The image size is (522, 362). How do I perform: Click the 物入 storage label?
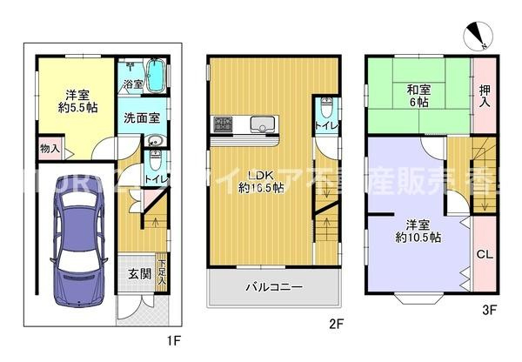click(50, 150)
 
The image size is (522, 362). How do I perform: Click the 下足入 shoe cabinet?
click(162, 267)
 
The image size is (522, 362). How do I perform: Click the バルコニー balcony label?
click(272, 286)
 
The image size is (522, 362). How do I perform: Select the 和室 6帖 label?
click(418, 94)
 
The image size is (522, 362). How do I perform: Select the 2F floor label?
click(336, 324)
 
